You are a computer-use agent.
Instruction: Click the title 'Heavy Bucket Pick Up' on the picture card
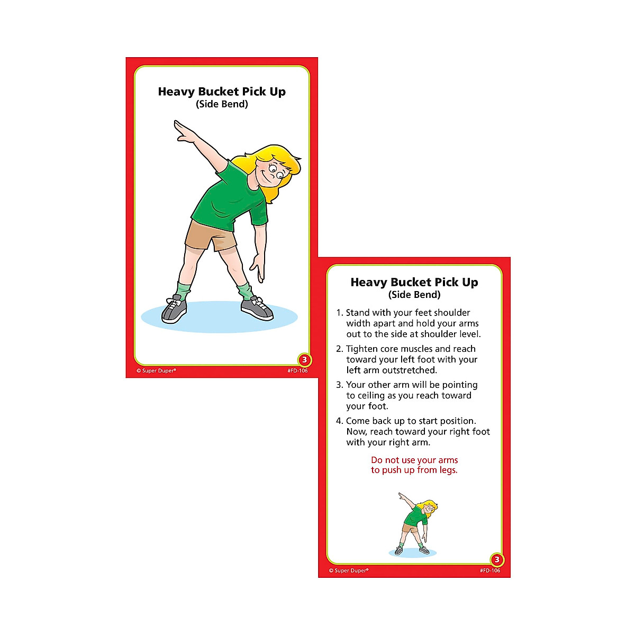coord(222,92)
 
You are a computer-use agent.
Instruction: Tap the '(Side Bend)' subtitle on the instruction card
coord(414,295)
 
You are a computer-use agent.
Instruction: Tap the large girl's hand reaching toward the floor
coord(258,267)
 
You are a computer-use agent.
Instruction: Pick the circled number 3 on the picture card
coord(304,360)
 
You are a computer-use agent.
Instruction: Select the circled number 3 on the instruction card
coord(497,560)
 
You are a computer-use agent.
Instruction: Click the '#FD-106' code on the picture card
coord(297,371)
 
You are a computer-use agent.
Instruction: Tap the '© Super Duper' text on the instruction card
coord(349,571)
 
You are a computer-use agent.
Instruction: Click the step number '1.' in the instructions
coord(340,313)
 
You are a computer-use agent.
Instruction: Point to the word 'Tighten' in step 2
coord(362,349)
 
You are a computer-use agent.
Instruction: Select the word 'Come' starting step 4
coord(358,421)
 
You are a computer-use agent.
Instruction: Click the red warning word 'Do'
coord(376,460)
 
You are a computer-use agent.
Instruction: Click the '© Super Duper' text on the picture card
coord(156,371)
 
